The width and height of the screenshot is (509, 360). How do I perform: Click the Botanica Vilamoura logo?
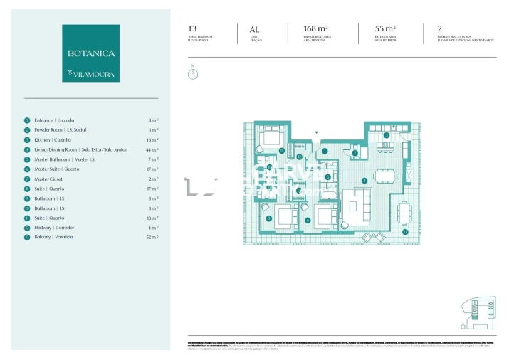(90, 53)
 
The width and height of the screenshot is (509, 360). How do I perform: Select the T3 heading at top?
(192, 28)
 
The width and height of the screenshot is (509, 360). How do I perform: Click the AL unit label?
(255, 28)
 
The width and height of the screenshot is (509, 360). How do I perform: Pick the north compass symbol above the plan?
(193, 73)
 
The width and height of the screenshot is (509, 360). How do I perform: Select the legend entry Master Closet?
(49, 179)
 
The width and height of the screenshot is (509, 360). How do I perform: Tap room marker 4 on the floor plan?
(364, 180)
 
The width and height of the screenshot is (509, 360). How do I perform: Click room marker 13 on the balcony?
(405, 232)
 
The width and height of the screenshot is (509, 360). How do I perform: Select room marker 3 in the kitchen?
(386, 134)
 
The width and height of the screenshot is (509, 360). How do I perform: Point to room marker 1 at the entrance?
(324, 151)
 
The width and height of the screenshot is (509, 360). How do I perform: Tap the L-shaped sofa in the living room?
(356, 203)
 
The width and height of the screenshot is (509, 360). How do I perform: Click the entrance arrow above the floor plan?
(317, 132)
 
